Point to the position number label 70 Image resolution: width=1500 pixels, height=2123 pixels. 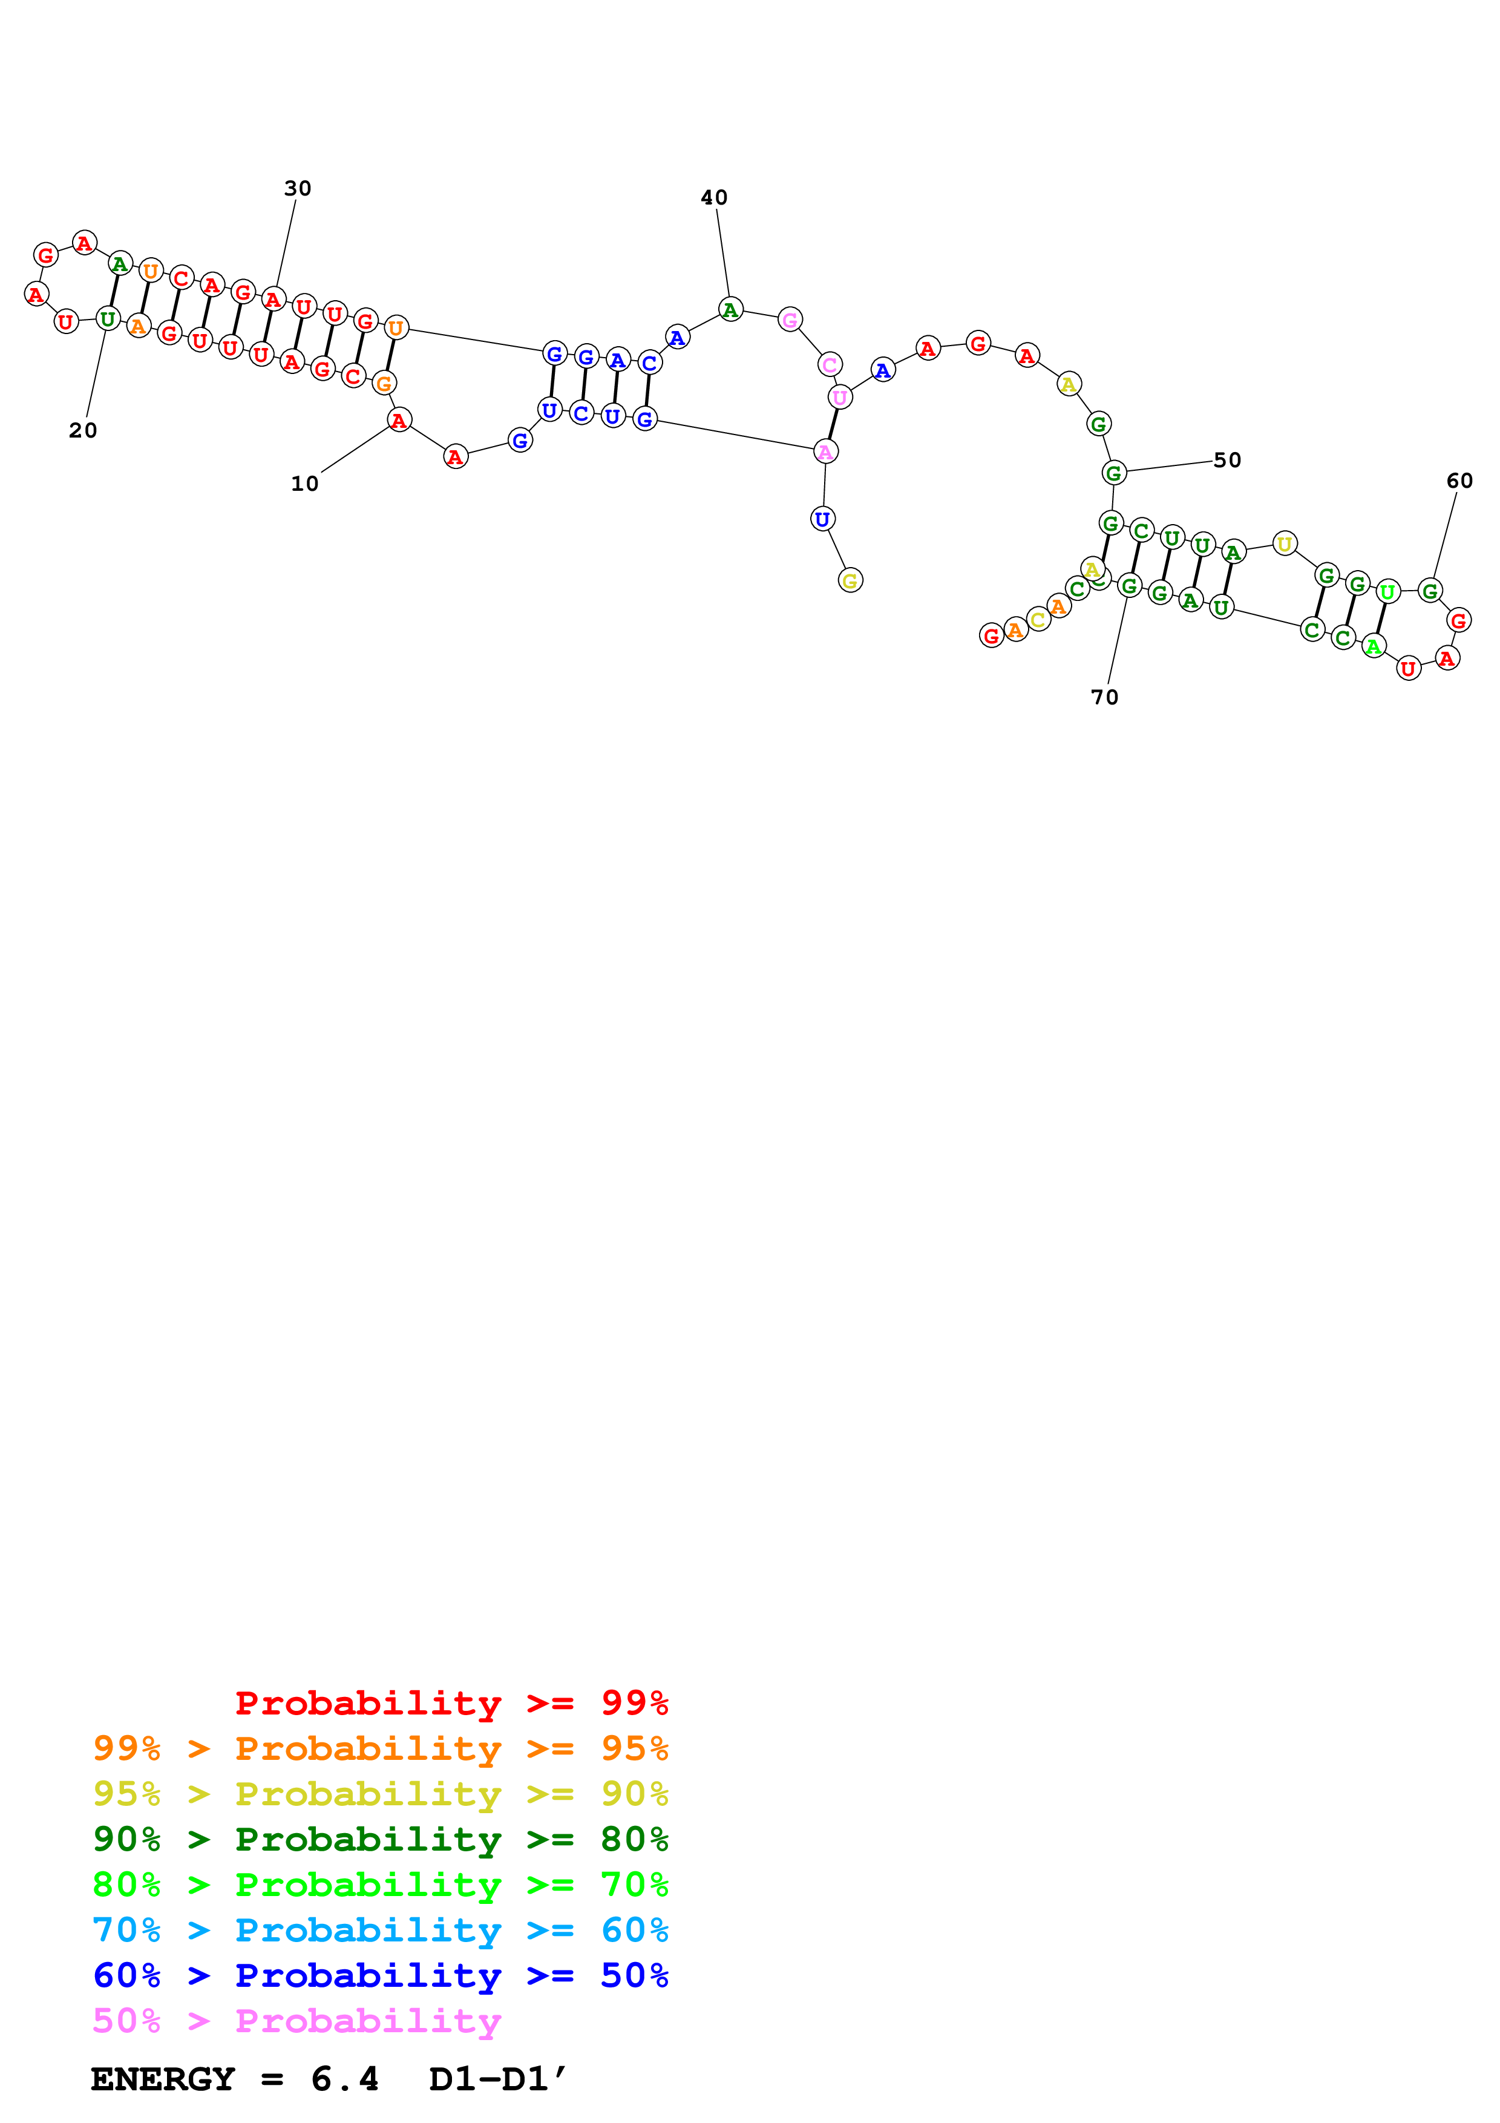[x=1104, y=697]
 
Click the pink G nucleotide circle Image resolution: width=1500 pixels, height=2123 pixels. [x=789, y=320]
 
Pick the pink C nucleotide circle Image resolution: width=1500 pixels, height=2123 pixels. [x=830, y=364]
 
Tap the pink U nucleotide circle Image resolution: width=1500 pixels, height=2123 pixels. [x=839, y=398]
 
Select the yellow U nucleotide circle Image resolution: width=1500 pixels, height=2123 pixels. [x=1284, y=543]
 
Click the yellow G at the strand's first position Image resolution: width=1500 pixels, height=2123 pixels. [x=850, y=581]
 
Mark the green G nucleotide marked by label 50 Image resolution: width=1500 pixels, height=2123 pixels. [x=1114, y=473]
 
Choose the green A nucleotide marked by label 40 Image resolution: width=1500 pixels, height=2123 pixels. [x=730, y=310]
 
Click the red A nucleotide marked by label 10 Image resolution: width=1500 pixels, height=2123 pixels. [x=398, y=421]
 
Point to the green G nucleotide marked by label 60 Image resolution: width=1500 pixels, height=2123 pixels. [x=1430, y=590]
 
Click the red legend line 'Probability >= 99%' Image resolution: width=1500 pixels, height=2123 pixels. [x=451, y=1703]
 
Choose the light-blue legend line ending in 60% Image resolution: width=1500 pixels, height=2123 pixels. [x=380, y=1931]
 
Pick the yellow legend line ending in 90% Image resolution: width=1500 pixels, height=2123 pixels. [x=380, y=1794]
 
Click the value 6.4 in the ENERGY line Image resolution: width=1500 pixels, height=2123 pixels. [x=345, y=2079]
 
